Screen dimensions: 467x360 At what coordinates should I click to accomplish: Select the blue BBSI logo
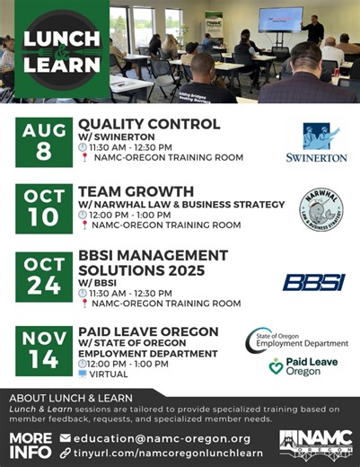pyautogui.click(x=313, y=283)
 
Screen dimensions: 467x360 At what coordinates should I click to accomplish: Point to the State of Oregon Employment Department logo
pyautogui.click(x=298, y=340)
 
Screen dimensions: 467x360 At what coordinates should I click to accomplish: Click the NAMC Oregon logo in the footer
pyautogui.click(x=313, y=443)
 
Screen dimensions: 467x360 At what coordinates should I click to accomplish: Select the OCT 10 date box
pyautogui.click(x=43, y=209)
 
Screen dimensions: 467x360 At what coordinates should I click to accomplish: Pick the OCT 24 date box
pyautogui.click(x=43, y=280)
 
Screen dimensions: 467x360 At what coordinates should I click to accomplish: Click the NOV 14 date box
pyautogui.click(x=43, y=352)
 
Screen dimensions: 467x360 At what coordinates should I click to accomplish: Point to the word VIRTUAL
pyautogui.click(x=109, y=374)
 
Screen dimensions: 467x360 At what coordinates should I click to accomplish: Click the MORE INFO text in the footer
pyautogui.click(x=30, y=445)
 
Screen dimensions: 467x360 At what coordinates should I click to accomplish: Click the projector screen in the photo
pyautogui.click(x=280, y=20)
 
